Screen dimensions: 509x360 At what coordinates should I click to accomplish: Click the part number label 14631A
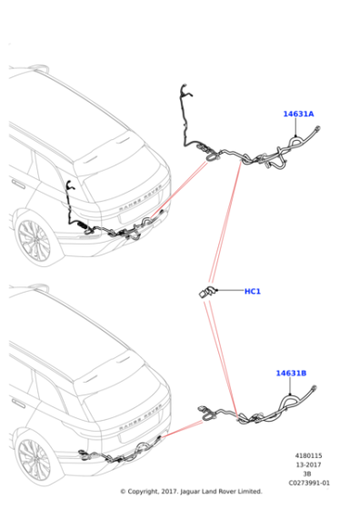tap(297, 115)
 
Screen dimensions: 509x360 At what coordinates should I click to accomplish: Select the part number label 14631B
tap(292, 374)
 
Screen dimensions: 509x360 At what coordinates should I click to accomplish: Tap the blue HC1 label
tap(252, 292)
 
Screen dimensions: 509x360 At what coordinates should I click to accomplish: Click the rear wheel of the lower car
tap(32, 460)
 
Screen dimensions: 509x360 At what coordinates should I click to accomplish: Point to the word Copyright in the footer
tap(151, 492)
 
